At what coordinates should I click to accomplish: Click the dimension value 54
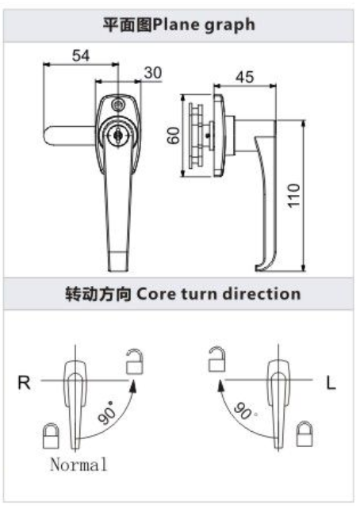(x=81, y=55)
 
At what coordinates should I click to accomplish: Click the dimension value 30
(x=152, y=73)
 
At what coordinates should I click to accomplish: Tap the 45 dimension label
(x=245, y=77)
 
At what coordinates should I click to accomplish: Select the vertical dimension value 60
(x=174, y=136)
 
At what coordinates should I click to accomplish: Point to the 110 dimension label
(x=294, y=195)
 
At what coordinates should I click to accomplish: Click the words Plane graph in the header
(x=204, y=25)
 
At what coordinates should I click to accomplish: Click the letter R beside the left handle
(x=25, y=383)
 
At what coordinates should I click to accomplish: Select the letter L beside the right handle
(x=331, y=384)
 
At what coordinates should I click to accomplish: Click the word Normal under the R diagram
(x=79, y=464)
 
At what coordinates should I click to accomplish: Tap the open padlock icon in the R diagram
(x=135, y=361)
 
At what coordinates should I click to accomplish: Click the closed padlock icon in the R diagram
(x=51, y=435)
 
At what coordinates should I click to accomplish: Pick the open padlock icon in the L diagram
(x=216, y=359)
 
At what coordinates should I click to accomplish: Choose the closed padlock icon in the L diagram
(x=304, y=434)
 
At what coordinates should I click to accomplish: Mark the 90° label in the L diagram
(x=245, y=411)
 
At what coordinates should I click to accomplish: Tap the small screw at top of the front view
(x=118, y=105)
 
